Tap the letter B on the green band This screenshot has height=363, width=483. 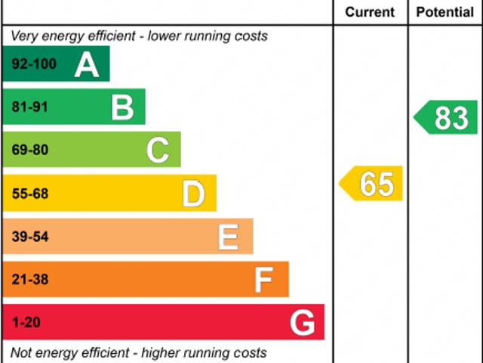[x=122, y=107]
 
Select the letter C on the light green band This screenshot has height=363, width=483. [x=158, y=150]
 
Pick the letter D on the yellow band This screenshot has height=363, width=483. [x=194, y=194]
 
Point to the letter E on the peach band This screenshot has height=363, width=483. [x=229, y=237]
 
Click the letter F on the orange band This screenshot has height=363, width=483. [x=263, y=281]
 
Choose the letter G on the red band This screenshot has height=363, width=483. [x=303, y=324]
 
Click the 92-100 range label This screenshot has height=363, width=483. [x=34, y=64]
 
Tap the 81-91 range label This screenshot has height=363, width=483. [x=29, y=107]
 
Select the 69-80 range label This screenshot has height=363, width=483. [x=29, y=150]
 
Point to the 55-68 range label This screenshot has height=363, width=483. [x=29, y=194]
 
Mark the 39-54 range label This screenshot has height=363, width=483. [x=29, y=237]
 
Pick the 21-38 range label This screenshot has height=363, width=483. [x=29, y=281]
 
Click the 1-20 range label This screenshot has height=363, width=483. [x=26, y=324]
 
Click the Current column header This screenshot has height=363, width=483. [x=370, y=12]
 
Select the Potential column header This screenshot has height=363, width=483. [x=445, y=12]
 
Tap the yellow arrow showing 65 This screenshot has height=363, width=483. [x=372, y=184]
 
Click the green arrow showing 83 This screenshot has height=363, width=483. [x=447, y=118]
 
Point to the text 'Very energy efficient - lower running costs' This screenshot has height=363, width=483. [x=139, y=36]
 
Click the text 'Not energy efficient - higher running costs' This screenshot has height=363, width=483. [x=138, y=352]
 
